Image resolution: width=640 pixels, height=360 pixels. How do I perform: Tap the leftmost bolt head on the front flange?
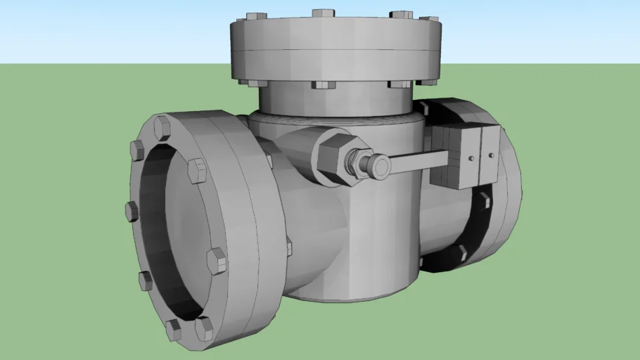132,210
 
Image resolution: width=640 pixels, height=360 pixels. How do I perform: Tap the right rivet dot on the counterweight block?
491,154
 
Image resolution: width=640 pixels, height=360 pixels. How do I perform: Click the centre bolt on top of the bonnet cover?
324,13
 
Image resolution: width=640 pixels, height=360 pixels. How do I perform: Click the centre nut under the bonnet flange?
324,85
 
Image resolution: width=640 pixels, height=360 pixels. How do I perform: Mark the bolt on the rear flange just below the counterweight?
485,200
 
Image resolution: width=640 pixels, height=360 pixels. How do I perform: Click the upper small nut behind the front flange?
269,160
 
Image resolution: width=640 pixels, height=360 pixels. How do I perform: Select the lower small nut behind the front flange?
288,246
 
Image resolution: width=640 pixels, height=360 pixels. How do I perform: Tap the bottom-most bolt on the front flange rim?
204,329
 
